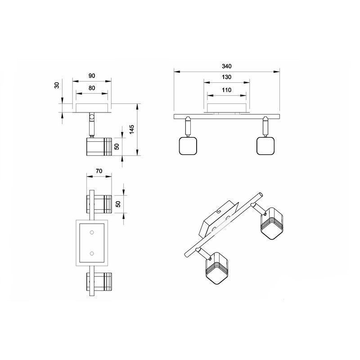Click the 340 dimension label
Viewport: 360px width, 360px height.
pos(227,66)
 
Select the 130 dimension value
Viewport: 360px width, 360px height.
pos(227,77)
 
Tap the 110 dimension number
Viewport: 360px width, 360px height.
pos(227,90)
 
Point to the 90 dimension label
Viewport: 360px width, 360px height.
pos(92,76)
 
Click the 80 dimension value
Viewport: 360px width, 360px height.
pos(92,88)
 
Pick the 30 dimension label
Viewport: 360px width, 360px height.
pos(57,85)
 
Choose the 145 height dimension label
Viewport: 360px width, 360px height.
pos(131,130)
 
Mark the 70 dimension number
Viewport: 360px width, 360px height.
pos(99,171)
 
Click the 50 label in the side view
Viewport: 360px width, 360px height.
pos(117,147)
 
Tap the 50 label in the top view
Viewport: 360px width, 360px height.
pos(118,204)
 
